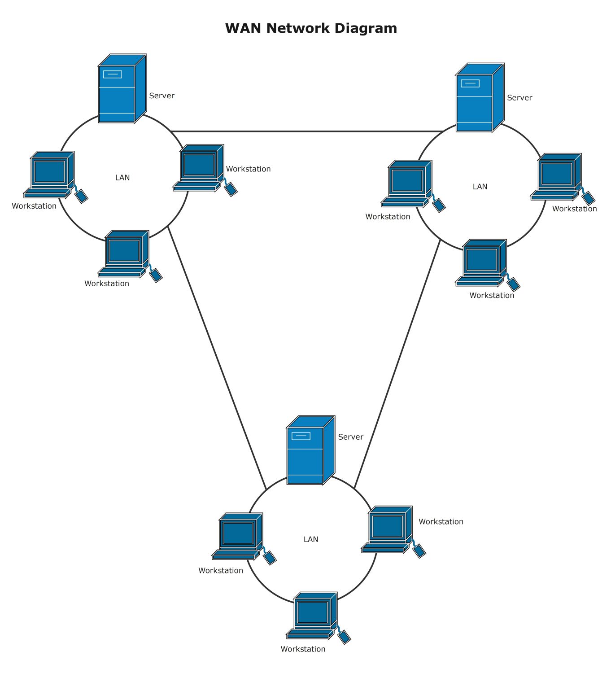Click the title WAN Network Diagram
tap(311, 28)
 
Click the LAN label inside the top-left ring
tap(122, 178)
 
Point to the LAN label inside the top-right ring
tap(480, 187)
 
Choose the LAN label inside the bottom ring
tap(311, 539)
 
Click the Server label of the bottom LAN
tap(350, 437)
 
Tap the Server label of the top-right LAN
tap(519, 98)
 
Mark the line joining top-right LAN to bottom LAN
tap(397, 363)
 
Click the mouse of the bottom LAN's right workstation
tap(419, 551)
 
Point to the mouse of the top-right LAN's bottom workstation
tap(513, 284)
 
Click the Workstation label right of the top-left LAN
tap(248, 169)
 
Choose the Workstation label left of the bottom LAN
tap(221, 571)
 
